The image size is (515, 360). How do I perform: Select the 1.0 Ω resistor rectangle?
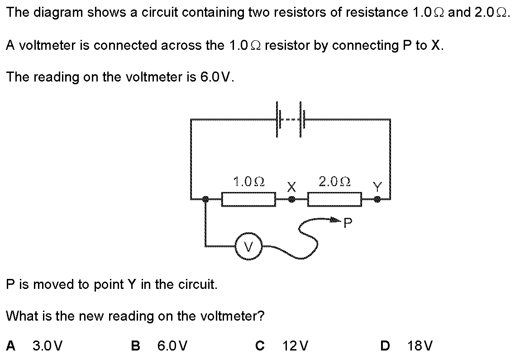(x=248, y=199)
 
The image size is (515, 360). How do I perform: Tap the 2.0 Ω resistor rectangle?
(x=334, y=199)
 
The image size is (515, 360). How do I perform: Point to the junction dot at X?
(x=292, y=199)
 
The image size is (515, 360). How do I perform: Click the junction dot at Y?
(x=377, y=199)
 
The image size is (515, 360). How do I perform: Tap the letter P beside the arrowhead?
(x=348, y=222)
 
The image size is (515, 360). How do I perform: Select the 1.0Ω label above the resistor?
(x=248, y=182)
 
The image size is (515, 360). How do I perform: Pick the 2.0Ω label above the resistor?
(x=334, y=182)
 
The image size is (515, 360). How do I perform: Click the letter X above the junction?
(x=292, y=186)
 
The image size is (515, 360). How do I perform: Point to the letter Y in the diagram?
(x=377, y=186)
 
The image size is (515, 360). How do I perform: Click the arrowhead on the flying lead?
(x=335, y=221)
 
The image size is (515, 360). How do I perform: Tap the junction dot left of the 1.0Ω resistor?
(x=206, y=199)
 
